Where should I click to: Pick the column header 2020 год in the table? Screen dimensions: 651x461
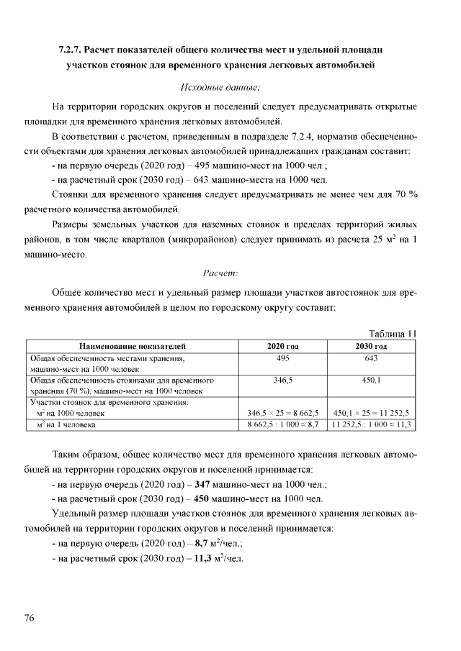[282, 346]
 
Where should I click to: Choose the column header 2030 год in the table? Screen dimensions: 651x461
[372, 346]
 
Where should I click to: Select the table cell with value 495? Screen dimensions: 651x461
[282, 358]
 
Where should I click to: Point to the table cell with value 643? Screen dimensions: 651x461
[372, 358]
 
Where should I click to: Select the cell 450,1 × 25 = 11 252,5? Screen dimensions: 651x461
[372, 414]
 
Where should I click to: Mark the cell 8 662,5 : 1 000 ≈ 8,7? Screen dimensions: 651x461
[282, 425]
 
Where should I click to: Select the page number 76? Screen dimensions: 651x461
[30, 618]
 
